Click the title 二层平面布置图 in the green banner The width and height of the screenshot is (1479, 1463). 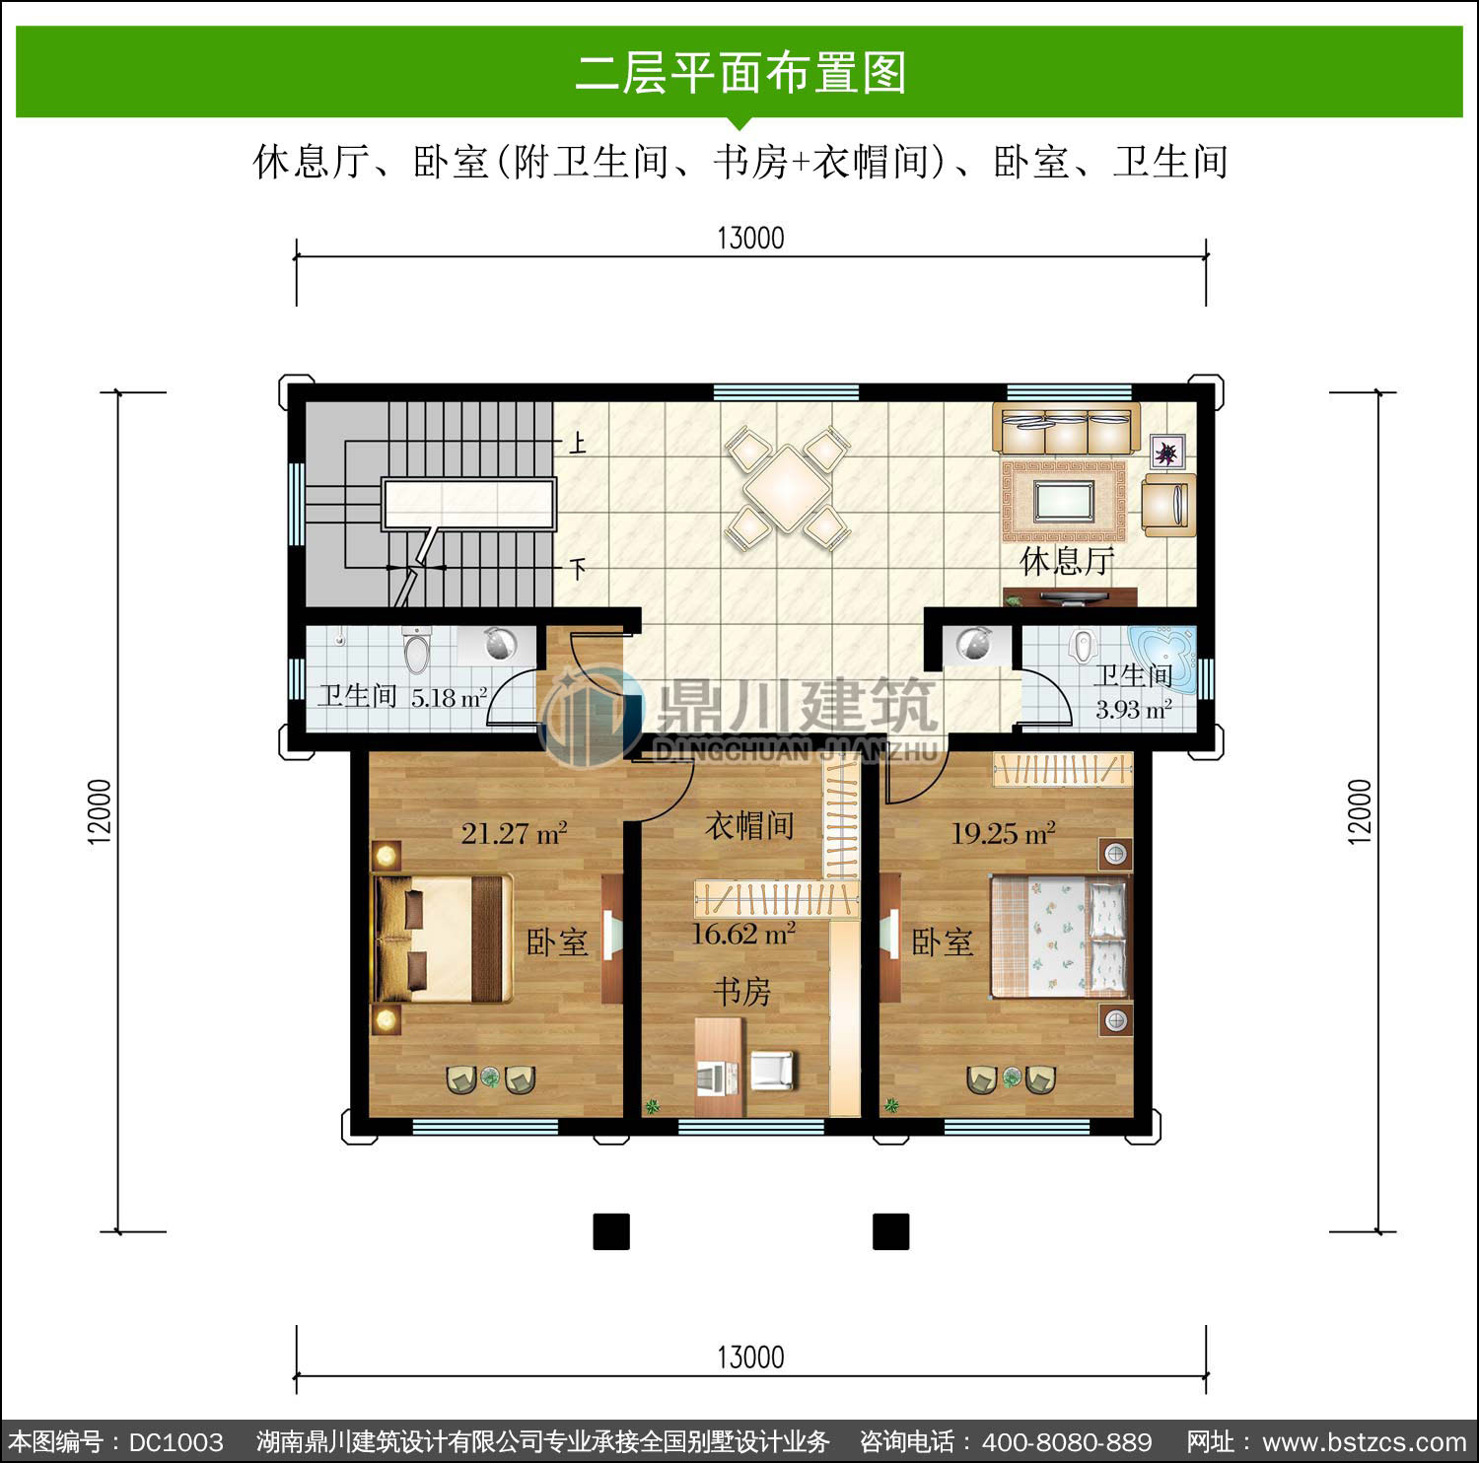[740, 73]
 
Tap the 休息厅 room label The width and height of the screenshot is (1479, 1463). [1068, 562]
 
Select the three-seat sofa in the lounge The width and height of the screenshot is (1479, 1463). [1066, 429]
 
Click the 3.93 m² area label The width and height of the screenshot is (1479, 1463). [1134, 709]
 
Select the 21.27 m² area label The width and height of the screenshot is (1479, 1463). [514, 834]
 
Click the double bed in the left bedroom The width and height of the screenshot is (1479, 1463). [442, 938]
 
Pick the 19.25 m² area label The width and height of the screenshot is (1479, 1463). [1003, 834]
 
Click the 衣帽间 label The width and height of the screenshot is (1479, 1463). [750, 825]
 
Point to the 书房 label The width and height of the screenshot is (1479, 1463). [742, 991]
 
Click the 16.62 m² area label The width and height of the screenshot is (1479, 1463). [743, 934]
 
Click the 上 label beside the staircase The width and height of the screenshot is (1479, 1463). [578, 444]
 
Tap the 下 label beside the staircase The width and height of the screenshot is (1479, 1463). [578, 569]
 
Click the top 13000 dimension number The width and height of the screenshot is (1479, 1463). [750, 239]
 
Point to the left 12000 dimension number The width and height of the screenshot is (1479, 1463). [100, 811]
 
